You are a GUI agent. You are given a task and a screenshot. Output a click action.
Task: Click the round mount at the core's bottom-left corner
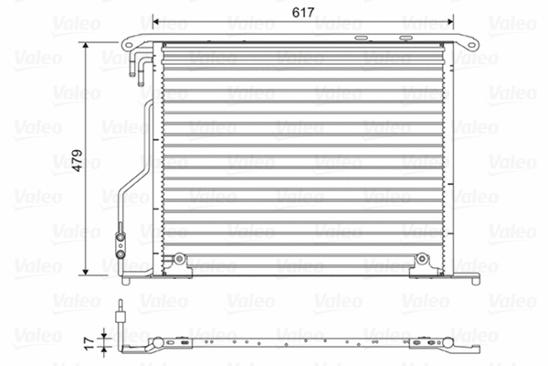tap(181, 260)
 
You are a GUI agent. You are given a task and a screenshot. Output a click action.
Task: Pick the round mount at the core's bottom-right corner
tap(421, 260)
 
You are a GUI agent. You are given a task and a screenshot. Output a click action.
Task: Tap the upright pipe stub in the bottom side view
tap(119, 317)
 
